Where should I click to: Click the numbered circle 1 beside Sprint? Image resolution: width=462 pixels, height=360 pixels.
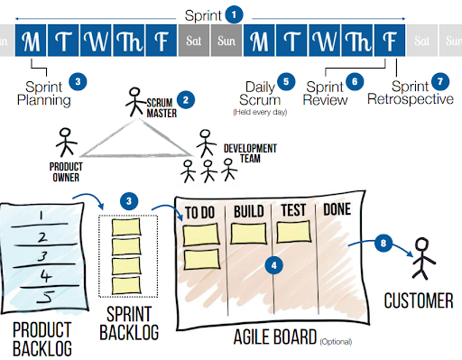[236, 14]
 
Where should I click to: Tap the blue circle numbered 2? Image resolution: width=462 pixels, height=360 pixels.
[187, 99]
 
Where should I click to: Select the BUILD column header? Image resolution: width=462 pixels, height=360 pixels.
[248, 212]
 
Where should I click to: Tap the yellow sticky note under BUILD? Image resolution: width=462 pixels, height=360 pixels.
[249, 233]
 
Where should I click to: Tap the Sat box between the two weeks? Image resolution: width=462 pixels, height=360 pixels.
[193, 41]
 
